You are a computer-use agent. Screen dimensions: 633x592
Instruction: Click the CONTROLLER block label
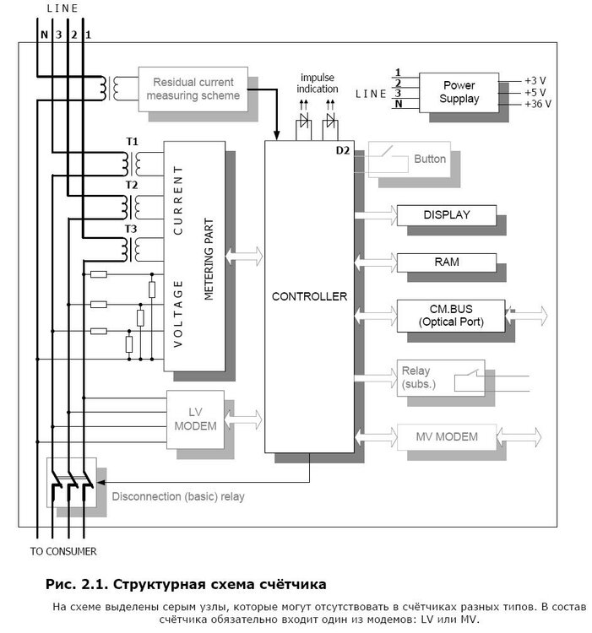[x=309, y=297]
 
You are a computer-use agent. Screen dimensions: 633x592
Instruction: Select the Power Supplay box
[x=459, y=92]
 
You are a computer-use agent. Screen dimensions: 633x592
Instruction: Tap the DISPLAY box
[x=446, y=215]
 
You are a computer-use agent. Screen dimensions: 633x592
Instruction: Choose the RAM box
[x=446, y=262]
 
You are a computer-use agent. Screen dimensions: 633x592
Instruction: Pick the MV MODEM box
[x=446, y=437]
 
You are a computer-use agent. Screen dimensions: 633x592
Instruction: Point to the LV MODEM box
[x=195, y=419]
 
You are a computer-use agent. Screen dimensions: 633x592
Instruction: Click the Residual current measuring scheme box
[x=193, y=89]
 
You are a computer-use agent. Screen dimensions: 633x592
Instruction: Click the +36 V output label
[x=537, y=105]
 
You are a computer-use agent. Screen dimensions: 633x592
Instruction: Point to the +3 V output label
[x=535, y=81]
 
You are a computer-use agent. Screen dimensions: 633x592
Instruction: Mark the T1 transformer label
[x=131, y=141]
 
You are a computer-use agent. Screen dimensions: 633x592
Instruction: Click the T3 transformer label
[x=131, y=229]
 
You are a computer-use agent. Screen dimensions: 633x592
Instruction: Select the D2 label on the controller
[x=342, y=150]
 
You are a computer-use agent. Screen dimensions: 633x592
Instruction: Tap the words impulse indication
[x=318, y=83]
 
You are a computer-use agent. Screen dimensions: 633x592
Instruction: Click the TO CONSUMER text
[x=63, y=552]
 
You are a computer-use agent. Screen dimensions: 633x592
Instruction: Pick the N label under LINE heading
[x=44, y=35]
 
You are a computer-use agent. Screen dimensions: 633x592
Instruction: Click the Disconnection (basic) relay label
[x=178, y=496]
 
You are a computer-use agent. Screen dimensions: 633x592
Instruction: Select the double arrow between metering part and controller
[x=245, y=257]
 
